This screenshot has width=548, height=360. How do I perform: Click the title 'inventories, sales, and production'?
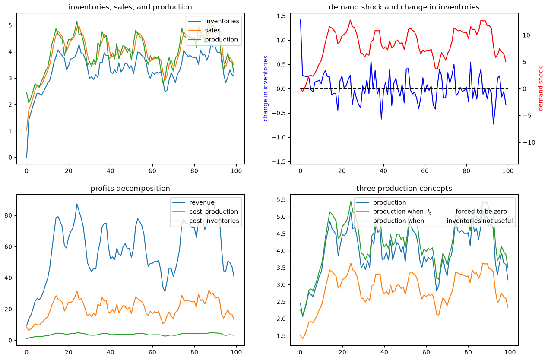click(x=130, y=7)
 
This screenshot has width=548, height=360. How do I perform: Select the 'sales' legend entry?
click(x=212, y=30)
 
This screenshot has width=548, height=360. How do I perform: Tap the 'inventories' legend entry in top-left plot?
click(x=222, y=21)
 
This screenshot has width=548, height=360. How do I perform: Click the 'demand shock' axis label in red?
click(x=540, y=88)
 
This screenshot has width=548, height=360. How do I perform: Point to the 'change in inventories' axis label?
click(x=265, y=88)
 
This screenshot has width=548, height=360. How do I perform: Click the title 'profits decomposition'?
click(x=130, y=188)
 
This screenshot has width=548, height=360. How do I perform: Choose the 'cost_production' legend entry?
click(x=214, y=212)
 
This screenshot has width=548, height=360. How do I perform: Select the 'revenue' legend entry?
click(x=202, y=202)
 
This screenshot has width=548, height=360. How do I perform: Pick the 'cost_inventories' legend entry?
click(x=214, y=221)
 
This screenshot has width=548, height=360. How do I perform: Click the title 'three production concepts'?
click(x=404, y=188)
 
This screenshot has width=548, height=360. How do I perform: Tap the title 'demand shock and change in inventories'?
click(x=404, y=7)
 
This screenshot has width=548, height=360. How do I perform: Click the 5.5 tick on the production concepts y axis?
click(x=281, y=200)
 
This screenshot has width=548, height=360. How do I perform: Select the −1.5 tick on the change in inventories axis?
click(x=279, y=162)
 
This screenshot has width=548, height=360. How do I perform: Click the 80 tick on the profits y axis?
click(x=8, y=215)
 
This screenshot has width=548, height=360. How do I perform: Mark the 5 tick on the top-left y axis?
click(x=10, y=25)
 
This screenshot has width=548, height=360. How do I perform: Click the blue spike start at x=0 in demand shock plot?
click(x=301, y=20)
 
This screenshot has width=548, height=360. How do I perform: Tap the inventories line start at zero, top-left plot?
click(x=27, y=157)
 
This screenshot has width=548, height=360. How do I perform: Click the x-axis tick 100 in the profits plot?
click(x=236, y=352)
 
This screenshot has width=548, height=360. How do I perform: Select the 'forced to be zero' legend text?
click(x=481, y=212)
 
